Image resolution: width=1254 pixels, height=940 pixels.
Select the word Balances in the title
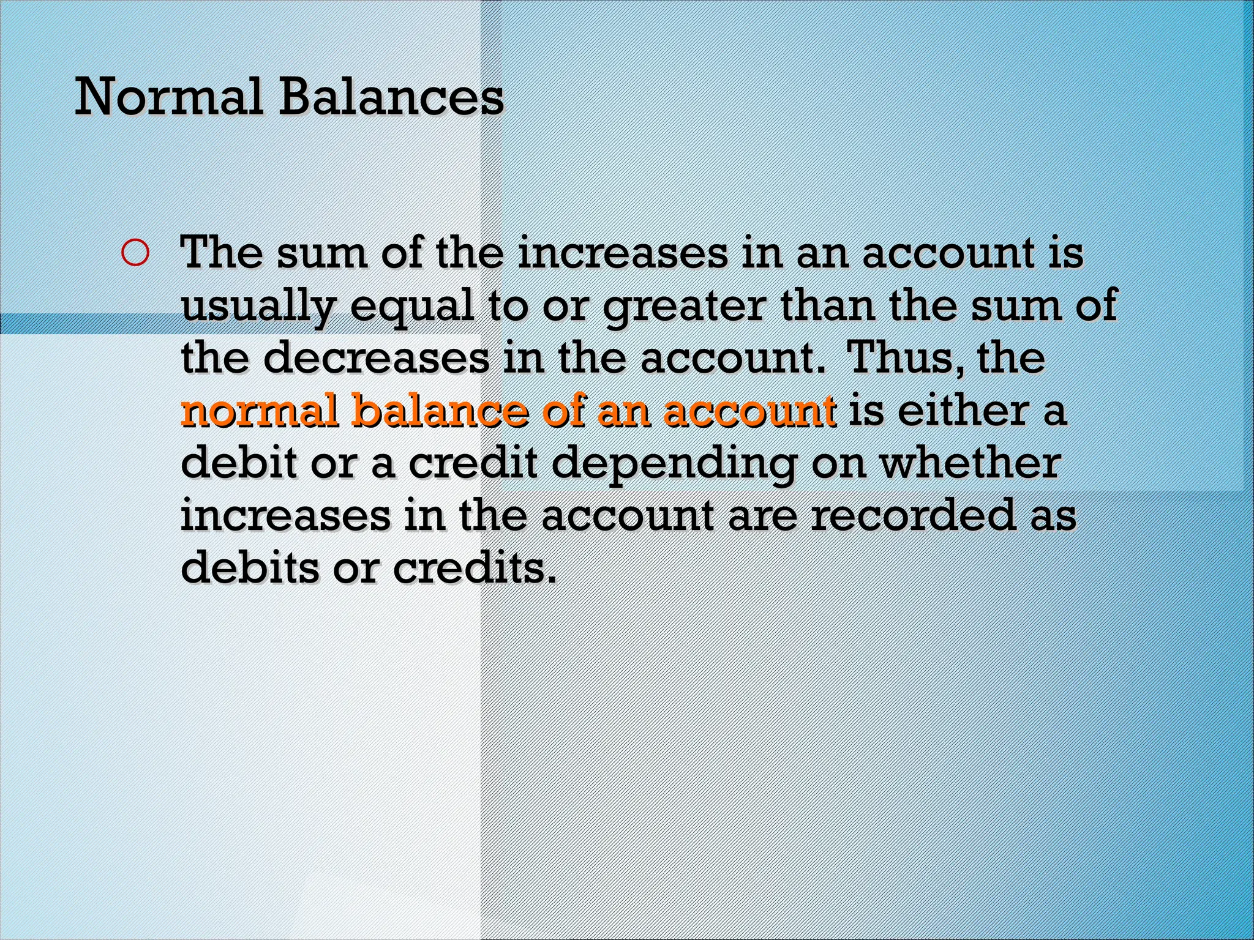pos(391,97)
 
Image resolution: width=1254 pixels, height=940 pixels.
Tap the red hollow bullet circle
pos(135,253)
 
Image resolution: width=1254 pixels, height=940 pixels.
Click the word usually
pos(258,305)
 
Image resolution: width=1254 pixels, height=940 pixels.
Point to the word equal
pos(412,305)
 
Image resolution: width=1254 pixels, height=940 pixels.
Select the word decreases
pos(376,358)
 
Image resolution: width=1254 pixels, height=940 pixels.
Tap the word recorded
pos(912,515)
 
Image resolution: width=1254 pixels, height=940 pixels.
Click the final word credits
pos(475,568)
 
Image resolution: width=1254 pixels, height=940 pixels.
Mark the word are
pos(763,517)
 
